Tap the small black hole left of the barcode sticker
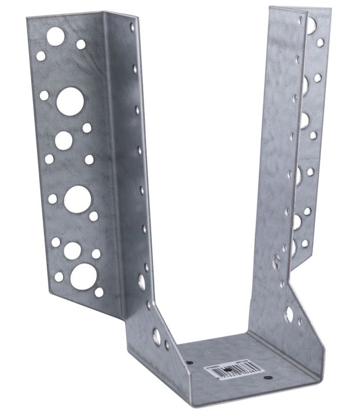[x=190, y=363]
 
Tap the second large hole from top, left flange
[x=70, y=101]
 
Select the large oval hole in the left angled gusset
[x=156, y=337]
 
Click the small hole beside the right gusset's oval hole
[x=299, y=321]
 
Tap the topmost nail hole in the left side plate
[x=133, y=27]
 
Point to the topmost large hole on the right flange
[x=311, y=25]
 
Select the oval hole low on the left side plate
[x=141, y=282]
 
